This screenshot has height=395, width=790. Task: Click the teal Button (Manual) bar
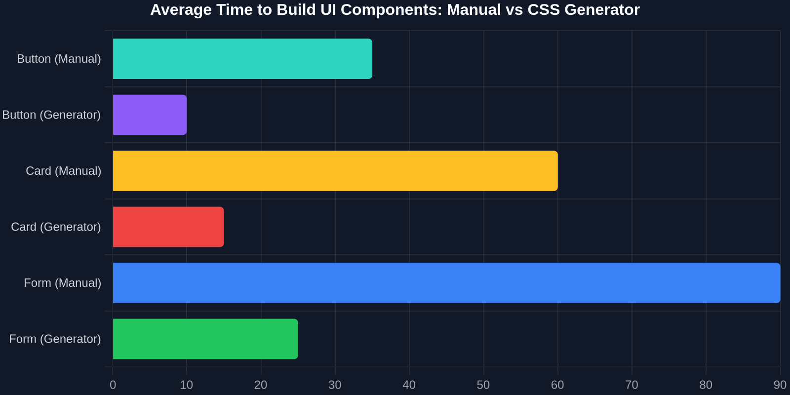(242, 59)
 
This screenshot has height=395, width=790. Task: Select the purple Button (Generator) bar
(150, 115)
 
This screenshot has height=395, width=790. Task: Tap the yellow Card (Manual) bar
(335, 171)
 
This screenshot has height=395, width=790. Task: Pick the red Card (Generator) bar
(168, 227)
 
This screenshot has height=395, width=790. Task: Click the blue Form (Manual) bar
(446, 283)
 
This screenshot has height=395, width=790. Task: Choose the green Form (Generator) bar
(205, 339)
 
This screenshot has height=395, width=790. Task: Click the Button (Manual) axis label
(59, 59)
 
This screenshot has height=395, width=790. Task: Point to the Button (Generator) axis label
(51, 115)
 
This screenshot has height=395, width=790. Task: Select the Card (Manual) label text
(64, 171)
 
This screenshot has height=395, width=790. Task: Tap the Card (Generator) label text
(56, 227)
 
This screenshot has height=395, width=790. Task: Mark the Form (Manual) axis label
(62, 283)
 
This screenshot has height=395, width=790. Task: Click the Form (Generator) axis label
(55, 339)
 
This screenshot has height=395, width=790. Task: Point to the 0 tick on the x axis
(113, 385)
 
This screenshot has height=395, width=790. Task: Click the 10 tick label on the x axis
(187, 385)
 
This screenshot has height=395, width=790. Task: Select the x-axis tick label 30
(335, 385)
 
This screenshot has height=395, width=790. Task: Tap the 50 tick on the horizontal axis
(483, 385)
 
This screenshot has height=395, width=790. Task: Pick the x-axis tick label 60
(557, 385)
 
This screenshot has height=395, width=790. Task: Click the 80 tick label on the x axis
(706, 385)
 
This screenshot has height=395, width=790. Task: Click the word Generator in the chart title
(602, 9)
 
